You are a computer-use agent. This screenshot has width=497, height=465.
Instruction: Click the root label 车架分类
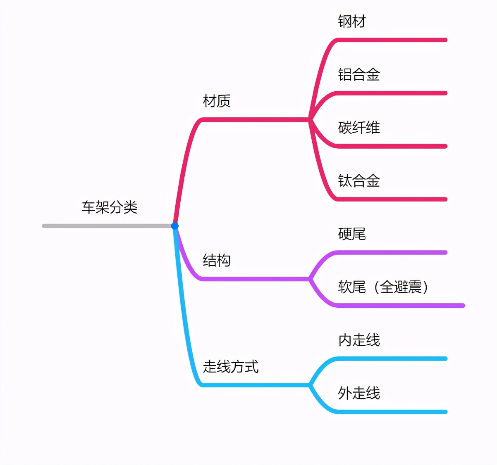109,207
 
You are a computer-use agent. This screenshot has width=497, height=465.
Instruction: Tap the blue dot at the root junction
175,226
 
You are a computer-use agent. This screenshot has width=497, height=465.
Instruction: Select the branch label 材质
217,101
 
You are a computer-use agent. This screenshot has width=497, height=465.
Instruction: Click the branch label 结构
217,260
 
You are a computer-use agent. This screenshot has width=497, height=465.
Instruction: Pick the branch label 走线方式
231,366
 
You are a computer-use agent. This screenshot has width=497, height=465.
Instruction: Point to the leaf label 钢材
352,21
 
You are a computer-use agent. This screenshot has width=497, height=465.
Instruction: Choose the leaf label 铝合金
359,74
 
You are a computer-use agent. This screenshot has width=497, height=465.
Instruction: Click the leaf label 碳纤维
359,127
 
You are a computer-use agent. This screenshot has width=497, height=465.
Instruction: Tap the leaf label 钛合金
359,180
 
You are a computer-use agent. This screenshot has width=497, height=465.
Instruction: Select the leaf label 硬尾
352,234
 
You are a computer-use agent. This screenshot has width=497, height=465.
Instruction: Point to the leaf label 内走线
359,340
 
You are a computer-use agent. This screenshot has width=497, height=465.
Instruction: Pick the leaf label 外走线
359,393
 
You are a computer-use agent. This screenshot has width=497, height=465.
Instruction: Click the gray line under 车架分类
108,226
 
